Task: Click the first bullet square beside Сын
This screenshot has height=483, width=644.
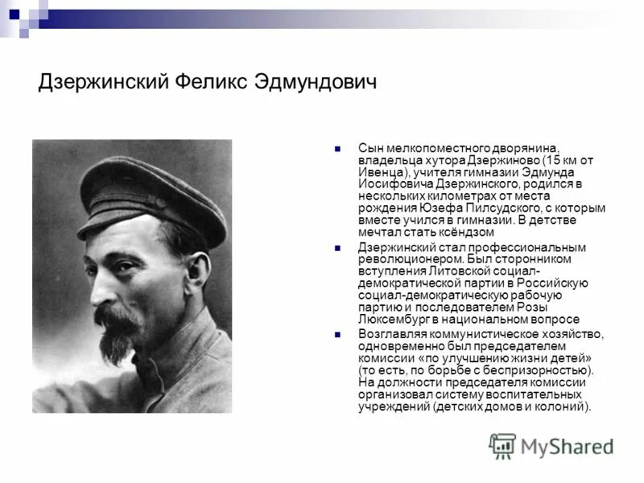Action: [339, 149]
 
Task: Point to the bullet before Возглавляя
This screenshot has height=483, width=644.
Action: [339, 333]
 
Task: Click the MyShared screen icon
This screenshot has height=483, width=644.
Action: [502, 445]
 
